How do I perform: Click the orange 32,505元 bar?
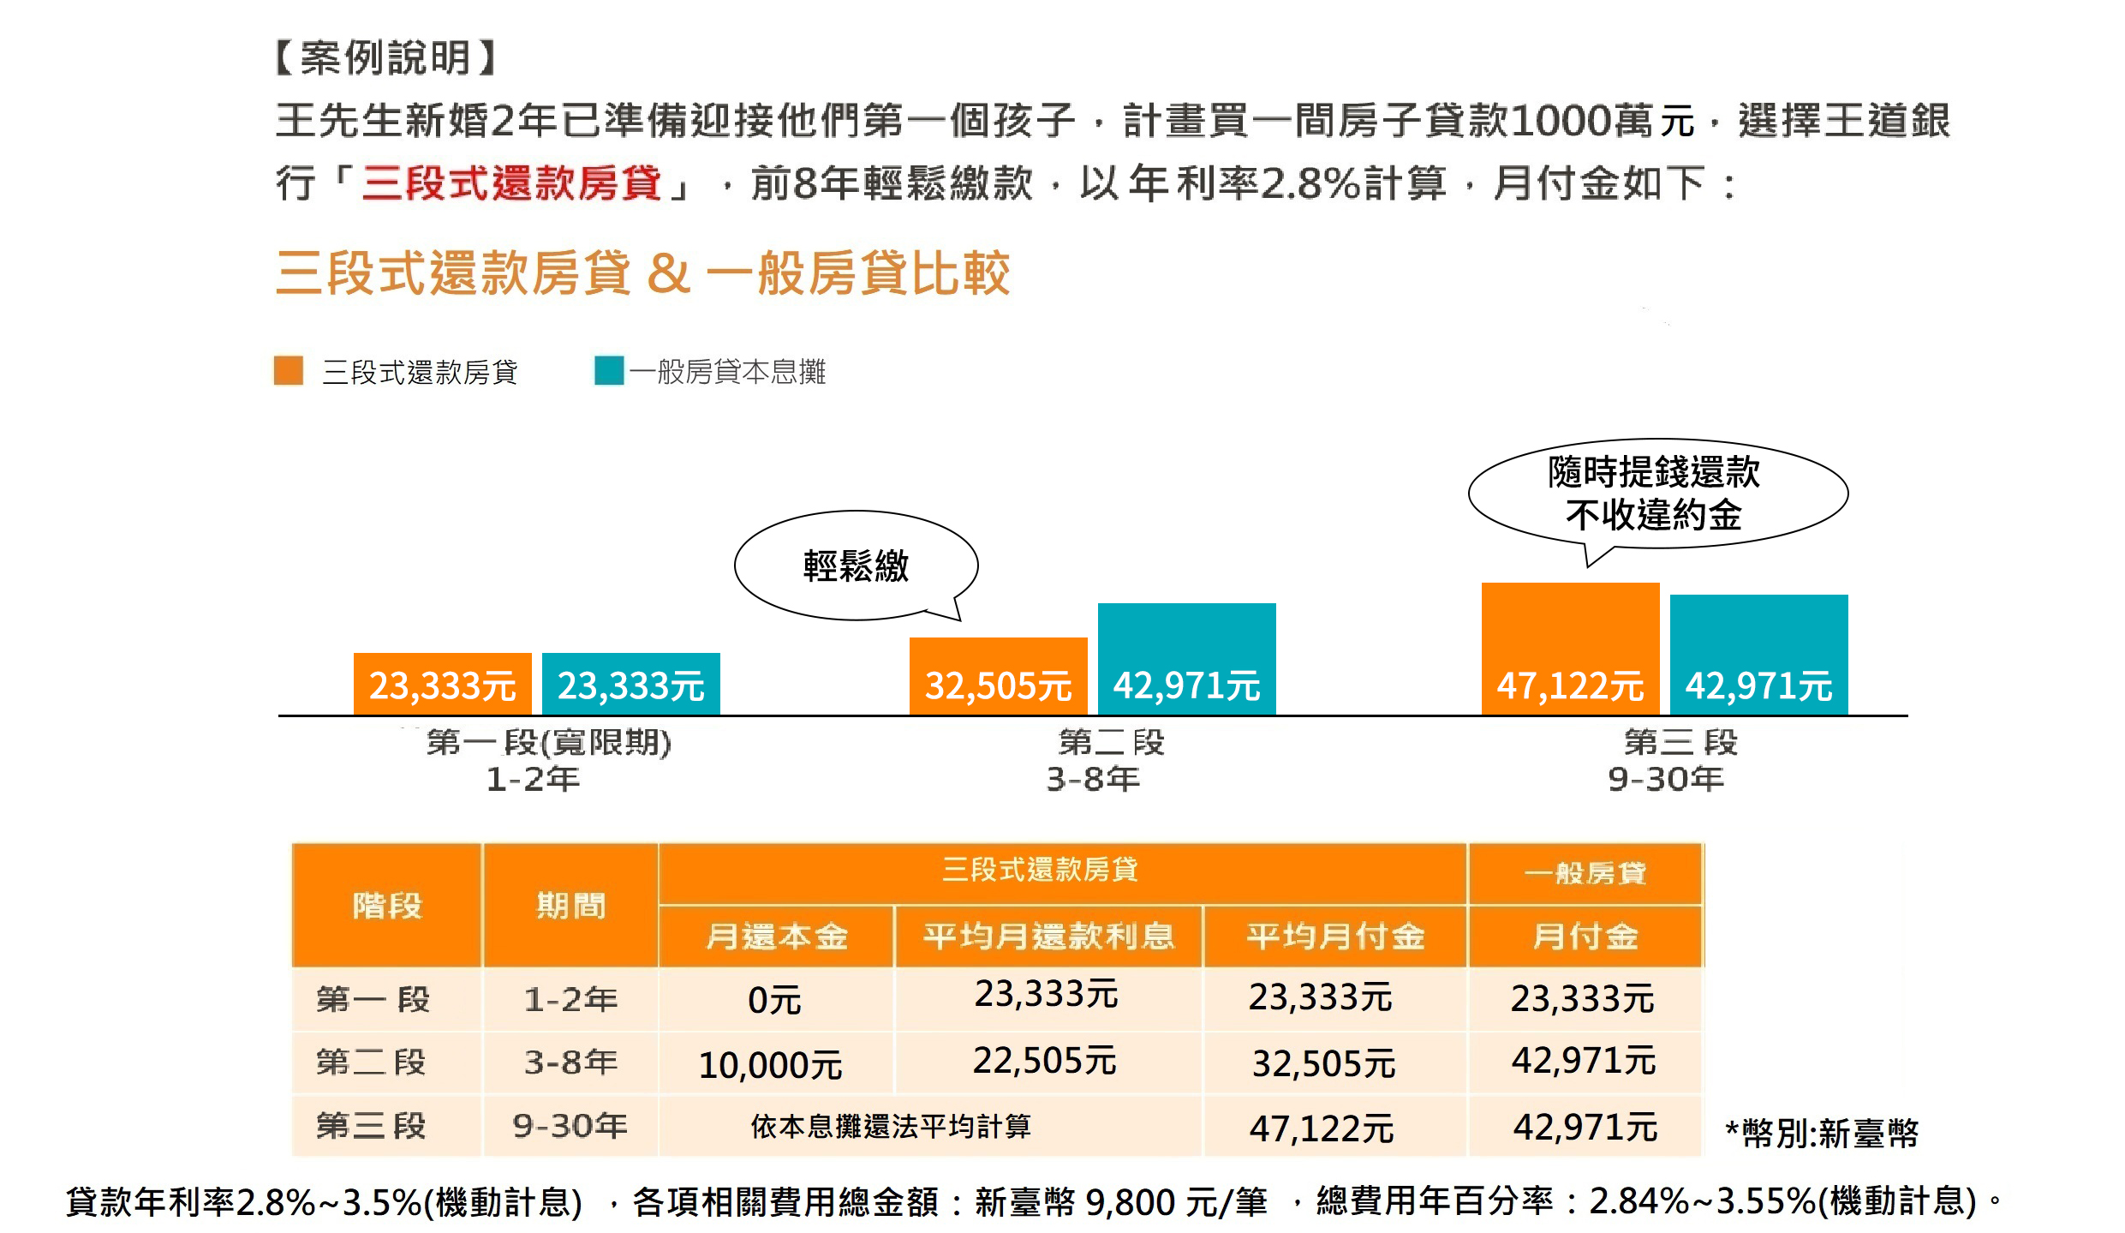coord(998,676)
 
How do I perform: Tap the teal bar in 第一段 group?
coord(630,684)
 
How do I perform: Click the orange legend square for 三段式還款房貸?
coord(289,371)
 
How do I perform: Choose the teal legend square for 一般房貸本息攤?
coord(609,371)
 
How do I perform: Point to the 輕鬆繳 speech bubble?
coord(856,566)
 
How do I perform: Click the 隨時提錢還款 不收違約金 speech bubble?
coord(1656,494)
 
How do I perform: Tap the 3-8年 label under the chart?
coord(1093,779)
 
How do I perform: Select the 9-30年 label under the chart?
coord(1665,779)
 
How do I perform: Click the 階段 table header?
coord(387,906)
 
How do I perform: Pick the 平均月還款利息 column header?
coord(1048,937)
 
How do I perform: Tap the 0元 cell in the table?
coord(774,1000)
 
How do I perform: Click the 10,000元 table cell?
coord(770,1065)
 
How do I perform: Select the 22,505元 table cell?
coord(1044,1062)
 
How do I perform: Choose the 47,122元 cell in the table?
coord(1322,1128)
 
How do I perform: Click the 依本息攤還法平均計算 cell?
coord(891,1126)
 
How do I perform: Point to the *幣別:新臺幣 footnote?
coord(1822,1133)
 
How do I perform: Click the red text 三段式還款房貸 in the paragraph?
coord(511,183)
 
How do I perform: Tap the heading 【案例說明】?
coord(385,58)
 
